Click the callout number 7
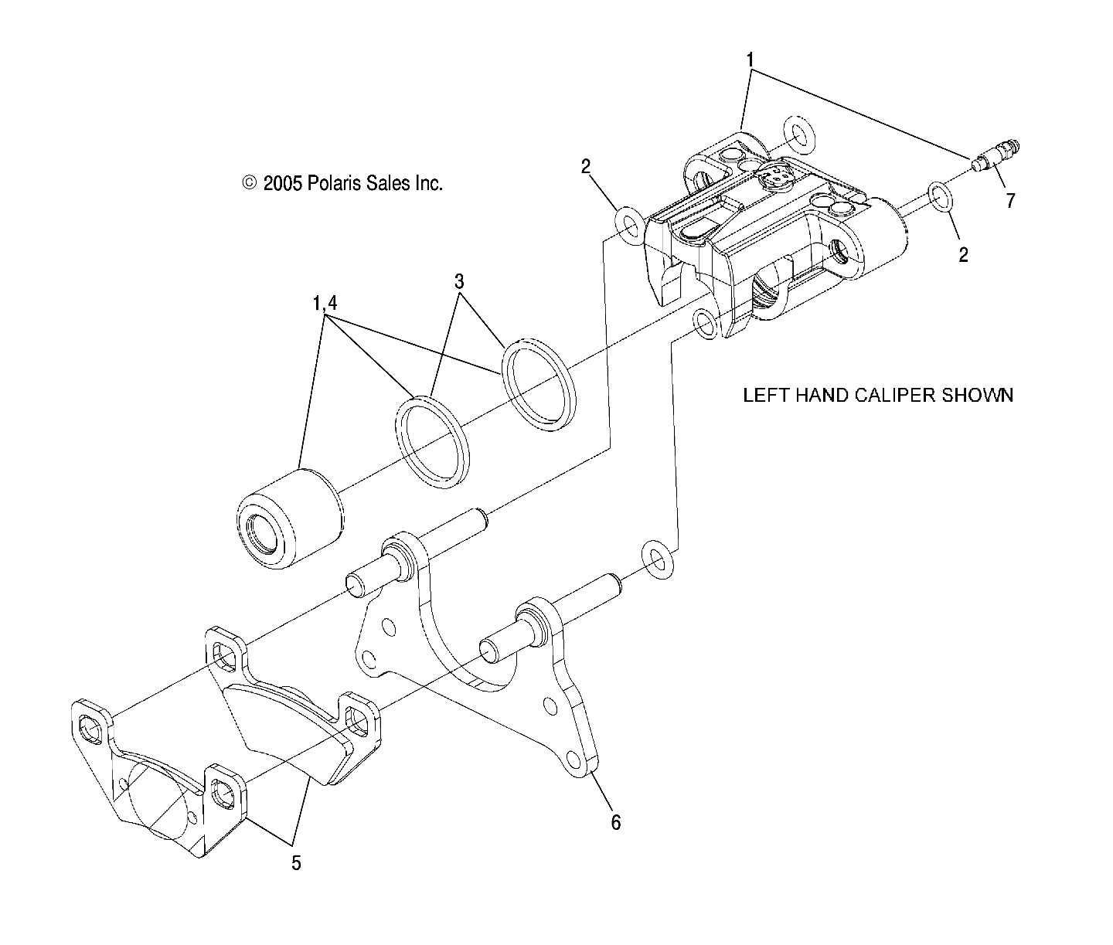coord(1009,201)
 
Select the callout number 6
coord(615,822)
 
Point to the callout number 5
coord(296,863)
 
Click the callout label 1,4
coord(325,304)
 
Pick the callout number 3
coord(459,280)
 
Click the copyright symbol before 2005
coord(249,183)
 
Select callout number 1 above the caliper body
coord(750,59)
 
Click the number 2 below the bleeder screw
coord(963,255)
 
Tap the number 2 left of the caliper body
coord(586,165)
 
